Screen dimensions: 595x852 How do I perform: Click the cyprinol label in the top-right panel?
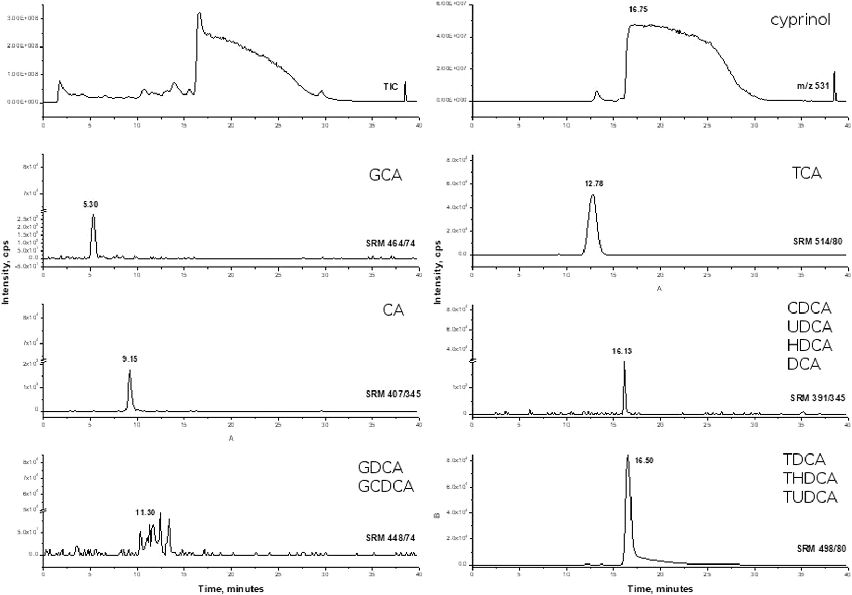click(x=800, y=20)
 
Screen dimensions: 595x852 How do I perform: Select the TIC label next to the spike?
click(x=390, y=87)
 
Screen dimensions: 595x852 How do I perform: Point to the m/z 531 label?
click(x=812, y=86)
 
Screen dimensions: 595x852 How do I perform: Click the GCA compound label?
click(x=385, y=175)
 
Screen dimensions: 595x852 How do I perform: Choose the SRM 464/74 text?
click(x=390, y=243)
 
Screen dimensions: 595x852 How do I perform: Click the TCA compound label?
click(x=806, y=173)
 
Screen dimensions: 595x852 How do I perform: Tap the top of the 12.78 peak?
click(x=593, y=196)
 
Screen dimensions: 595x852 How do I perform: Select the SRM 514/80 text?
click(x=817, y=241)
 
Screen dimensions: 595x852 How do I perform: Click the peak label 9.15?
click(x=129, y=358)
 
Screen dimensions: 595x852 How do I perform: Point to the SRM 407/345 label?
click(x=393, y=394)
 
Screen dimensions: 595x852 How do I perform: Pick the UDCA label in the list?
click(x=809, y=327)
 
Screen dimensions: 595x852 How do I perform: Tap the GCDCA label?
click(x=386, y=486)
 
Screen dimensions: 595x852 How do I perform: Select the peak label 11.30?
click(x=145, y=513)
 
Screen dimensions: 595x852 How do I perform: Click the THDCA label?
click(x=809, y=478)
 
